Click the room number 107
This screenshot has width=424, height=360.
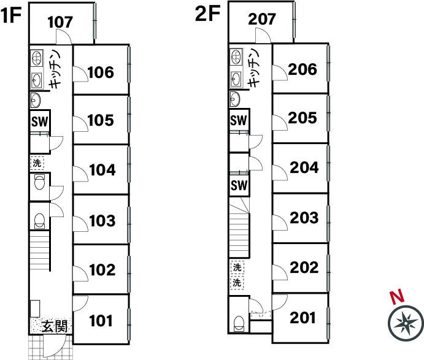(x=60, y=22)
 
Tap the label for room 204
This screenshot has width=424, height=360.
(x=304, y=167)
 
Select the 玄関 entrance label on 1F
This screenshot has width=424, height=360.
(x=55, y=326)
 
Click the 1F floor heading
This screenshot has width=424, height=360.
(x=11, y=15)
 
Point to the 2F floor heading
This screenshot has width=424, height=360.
(x=207, y=13)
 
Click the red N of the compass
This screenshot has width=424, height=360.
(x=397, y=296)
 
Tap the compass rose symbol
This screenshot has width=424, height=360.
(x=406, y=323)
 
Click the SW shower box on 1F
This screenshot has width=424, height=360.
(x=40, y=121)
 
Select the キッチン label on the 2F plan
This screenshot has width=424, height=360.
(x=253, y=68)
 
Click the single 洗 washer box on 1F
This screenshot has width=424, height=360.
(x=37, y=163)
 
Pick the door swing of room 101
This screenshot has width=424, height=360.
(x=80, y=303)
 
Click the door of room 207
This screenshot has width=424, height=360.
(x=263, y=36)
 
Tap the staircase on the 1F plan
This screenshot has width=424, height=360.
(x=39, y=251)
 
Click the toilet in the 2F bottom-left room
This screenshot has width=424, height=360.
(x=239, y=324)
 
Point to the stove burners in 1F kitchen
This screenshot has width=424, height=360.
(x=36, y=58)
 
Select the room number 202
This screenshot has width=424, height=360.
(x=304, y=267)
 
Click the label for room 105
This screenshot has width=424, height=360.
(x=101, y=120)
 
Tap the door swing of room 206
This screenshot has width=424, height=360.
(x=280, y=72)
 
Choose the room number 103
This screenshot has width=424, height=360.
(x=102, y=221)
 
